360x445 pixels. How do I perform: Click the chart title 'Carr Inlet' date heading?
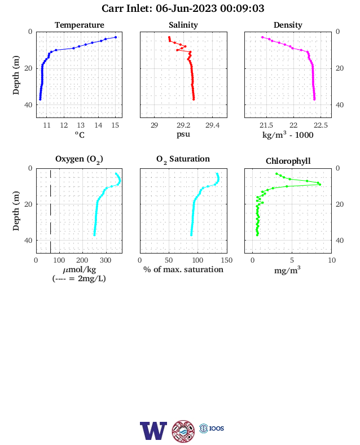click(183, 8)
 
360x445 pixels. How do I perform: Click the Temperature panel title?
click(80, 25)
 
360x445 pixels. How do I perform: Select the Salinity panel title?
click(183, 25)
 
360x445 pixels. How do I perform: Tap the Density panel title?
click(288, 25)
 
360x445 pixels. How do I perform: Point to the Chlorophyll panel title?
click(288, 161)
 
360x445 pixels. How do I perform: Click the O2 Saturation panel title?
click(183, 159)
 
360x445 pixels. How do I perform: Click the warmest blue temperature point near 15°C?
click(115, 37)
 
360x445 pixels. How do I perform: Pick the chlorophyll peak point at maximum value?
click(320, 185)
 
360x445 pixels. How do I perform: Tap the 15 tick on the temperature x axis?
click(115, 125)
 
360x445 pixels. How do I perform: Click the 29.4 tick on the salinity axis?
click(212, 125)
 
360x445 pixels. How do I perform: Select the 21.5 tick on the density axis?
click(266, 125)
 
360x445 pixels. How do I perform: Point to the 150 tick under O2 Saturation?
click(227, 260)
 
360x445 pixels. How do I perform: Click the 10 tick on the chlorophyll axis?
click(332, 260)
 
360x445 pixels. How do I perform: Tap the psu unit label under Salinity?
click(183, 134)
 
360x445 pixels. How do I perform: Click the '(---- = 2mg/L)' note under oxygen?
click(79, 279)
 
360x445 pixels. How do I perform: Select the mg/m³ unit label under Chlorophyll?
click(287, 270)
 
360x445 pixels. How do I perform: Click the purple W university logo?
click(153, 431)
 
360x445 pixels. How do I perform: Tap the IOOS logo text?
click(217, 428)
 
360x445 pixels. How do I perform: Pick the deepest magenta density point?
click(314, 99)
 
